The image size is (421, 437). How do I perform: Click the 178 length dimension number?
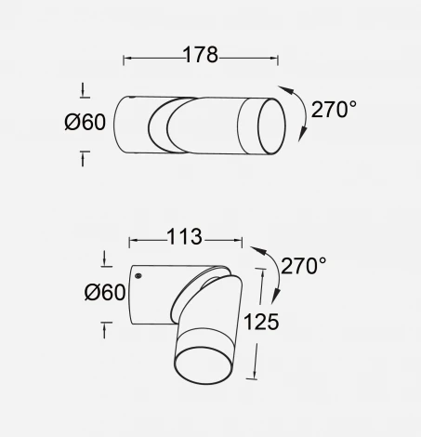199,56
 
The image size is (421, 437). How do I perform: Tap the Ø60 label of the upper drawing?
86,124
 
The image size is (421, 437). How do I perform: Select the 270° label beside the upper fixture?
334,110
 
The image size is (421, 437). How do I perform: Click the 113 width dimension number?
184,238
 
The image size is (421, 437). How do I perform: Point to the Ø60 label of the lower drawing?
104,293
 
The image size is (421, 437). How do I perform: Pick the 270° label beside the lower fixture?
304,267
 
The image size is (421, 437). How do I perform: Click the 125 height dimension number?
261,323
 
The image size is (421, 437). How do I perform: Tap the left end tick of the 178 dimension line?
124,59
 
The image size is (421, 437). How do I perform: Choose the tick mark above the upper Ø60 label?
86,90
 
